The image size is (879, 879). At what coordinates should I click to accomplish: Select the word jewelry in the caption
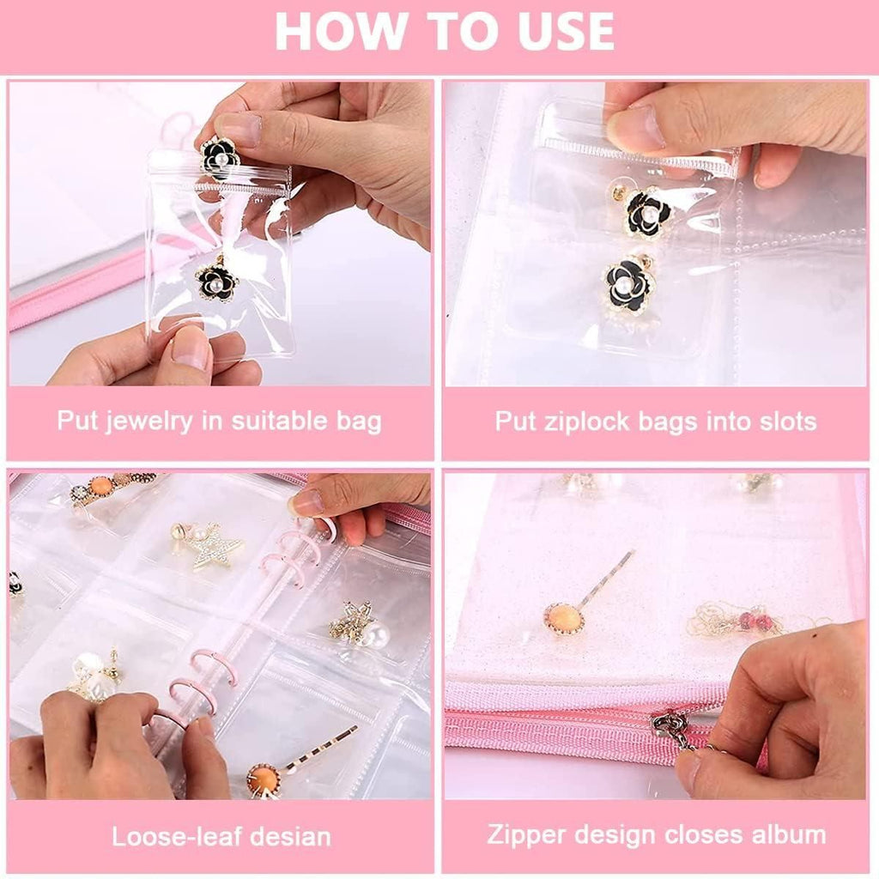pos(137,421)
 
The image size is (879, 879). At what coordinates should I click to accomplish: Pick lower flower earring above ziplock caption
pos(629,286)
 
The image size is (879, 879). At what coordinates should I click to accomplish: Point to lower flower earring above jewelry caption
pos(215,281)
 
